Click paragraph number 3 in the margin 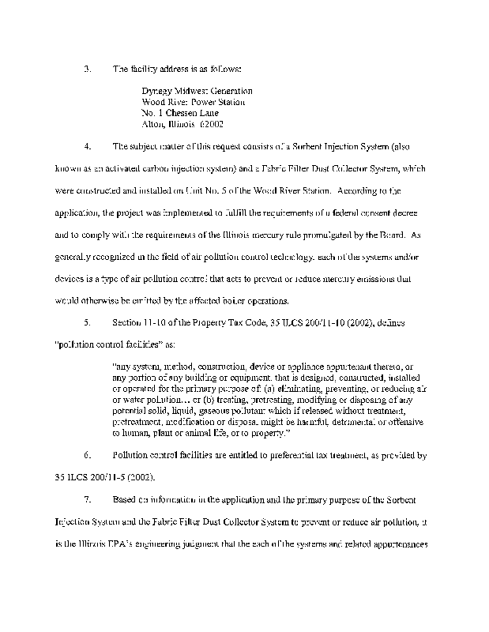[x=87, y=69]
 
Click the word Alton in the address [x=153, y=125]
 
